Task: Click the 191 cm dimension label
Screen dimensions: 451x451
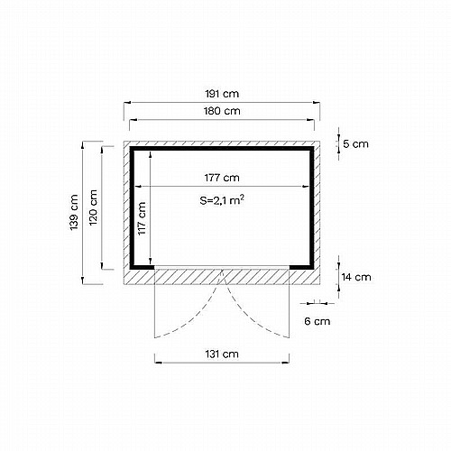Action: [222, 94]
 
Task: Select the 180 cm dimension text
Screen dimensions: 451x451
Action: [222, 111]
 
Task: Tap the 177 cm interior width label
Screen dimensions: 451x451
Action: [222, 178]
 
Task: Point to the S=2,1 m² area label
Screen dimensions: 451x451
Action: [222, 200]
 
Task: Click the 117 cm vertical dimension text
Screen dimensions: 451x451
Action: [142, 218]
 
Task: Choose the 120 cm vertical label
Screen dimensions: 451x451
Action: [93, 207]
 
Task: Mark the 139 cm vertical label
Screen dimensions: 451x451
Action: [74, 213]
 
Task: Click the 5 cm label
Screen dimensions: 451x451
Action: [355, 144]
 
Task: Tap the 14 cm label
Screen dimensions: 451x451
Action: [356, 277]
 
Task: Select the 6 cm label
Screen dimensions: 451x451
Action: [318, 321]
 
